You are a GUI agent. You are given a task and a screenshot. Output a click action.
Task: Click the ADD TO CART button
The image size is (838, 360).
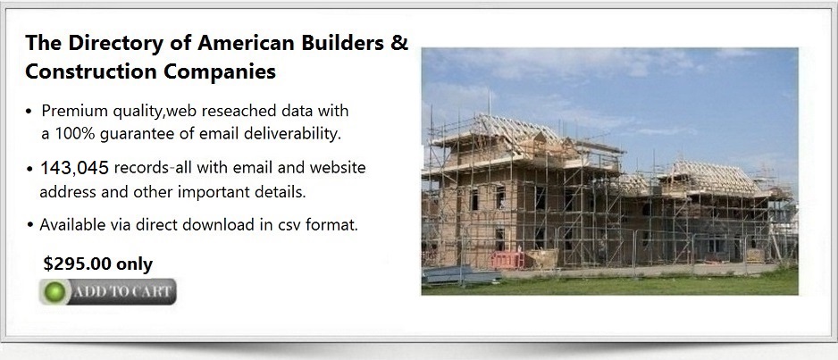(108, 291)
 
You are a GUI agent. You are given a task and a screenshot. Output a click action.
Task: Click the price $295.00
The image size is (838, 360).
(78, 264)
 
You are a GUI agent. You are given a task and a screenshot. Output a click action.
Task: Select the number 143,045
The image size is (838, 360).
(75, 168)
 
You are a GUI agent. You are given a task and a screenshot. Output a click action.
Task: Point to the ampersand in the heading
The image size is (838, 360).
(398, 43)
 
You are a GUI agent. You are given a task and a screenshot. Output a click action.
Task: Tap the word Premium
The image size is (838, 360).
(75, 111)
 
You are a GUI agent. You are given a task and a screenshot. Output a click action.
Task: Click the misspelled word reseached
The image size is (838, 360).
(232, 111)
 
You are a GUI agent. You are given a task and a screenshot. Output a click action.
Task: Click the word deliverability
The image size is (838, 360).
(292, 133)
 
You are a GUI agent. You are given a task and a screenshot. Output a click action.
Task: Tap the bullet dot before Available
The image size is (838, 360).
(30, 225)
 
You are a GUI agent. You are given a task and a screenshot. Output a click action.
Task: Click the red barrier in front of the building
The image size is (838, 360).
(507, 260)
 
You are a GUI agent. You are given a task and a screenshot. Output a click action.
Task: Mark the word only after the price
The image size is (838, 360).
(135, 264)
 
